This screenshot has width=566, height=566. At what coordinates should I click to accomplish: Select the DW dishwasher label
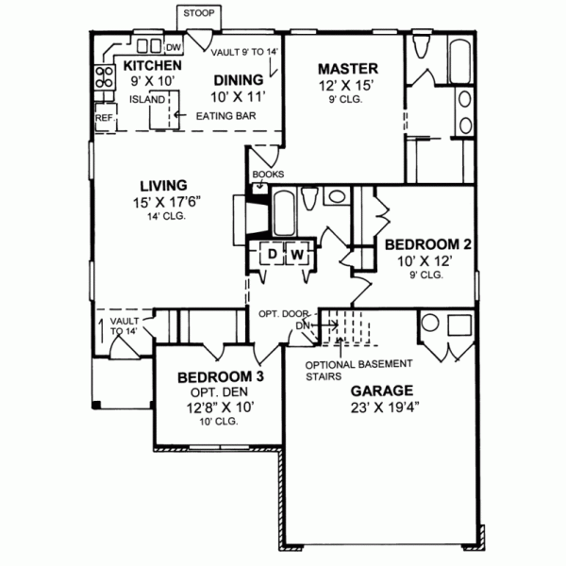[174, 45]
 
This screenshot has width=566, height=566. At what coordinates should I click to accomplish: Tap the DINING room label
[236, 80]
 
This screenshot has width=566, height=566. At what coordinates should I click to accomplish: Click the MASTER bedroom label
[347, 68]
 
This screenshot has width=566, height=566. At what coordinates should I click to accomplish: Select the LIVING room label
[163, 185]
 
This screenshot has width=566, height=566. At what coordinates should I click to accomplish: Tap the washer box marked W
[296, 254]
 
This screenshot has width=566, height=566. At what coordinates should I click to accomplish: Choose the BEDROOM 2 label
[428, 243]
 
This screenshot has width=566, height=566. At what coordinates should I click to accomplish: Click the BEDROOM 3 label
[220, 376]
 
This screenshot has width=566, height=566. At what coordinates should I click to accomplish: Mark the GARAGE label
[381, 390]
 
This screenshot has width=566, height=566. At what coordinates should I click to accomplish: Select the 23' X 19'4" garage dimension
[381, 408]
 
